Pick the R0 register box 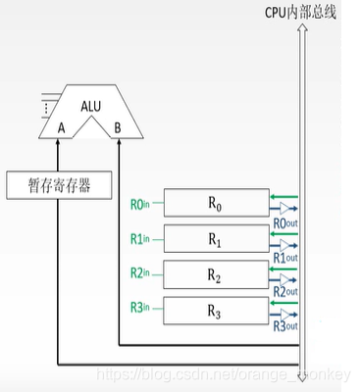click(214, 203)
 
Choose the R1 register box click(214, 238)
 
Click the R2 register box click(214, 273)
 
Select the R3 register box click(214, 310)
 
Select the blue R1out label click(284, 257)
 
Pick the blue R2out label click(284, 292)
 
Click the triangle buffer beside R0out click(285, 210)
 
